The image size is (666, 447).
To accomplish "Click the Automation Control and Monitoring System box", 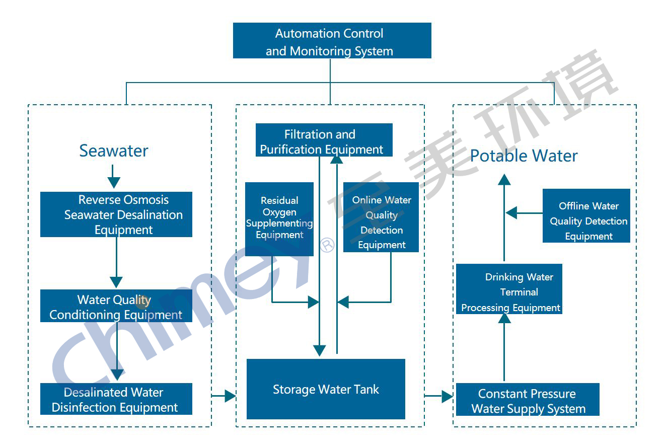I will pos(332,41).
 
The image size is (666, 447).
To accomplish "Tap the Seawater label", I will pos(114,151).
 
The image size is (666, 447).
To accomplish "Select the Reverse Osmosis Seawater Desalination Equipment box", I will pos(116,214).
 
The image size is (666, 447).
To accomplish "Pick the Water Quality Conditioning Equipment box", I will pos(116,306).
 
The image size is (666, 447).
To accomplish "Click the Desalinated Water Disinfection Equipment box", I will pos(116,399).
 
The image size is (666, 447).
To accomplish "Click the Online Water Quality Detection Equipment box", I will pos(381,217).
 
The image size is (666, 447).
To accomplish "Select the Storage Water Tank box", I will pos(326,389).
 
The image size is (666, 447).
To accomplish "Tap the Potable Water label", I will pos(524,156).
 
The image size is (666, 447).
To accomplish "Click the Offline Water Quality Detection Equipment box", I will pos(586,216).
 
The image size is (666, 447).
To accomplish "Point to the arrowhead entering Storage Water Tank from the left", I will pos(231,396).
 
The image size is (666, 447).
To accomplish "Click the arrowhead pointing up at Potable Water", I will pos(504,179).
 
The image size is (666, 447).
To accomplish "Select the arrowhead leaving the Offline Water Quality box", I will pos(511,213).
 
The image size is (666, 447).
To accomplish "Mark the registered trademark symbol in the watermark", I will pos(328,245).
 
